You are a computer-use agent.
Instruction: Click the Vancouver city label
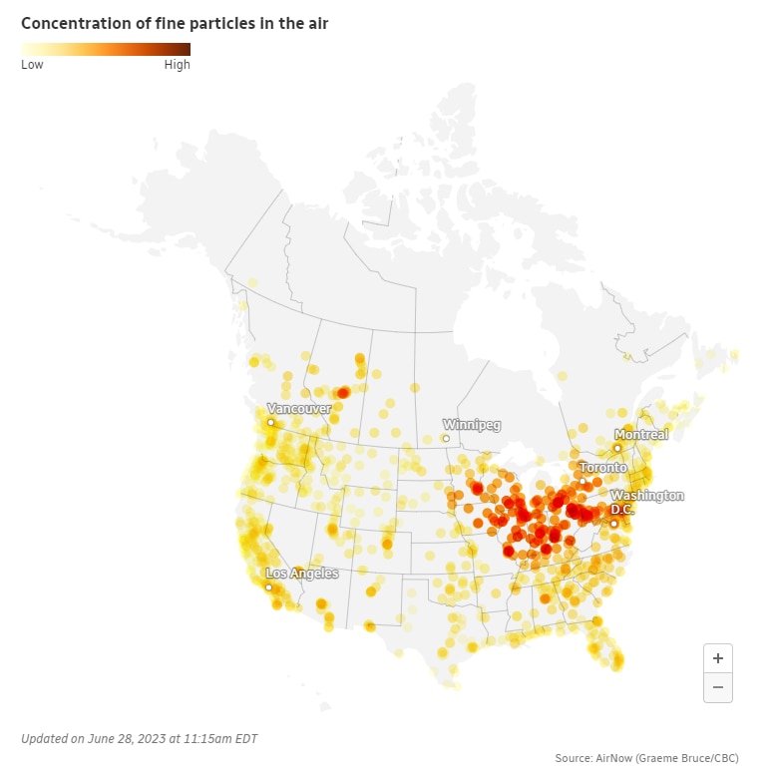(299, 409)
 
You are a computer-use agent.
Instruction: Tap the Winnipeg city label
(472, 425)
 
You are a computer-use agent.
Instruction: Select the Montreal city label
(641, 435)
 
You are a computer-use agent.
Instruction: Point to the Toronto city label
(603, 468)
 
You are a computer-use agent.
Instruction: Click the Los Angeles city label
(301, 574)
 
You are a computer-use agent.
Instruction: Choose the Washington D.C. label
(646, 502)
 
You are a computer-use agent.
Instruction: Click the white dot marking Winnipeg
(446, 438)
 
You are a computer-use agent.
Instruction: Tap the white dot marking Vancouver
(270, 423)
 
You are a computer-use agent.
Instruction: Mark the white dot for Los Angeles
(268, 587)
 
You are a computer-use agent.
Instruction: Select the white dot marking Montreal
(617, 448)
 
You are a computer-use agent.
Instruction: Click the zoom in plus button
(718, 658)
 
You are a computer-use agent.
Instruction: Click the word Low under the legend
(32, 65)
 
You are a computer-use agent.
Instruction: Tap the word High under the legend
(177, 65)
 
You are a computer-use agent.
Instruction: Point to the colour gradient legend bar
(106, 49)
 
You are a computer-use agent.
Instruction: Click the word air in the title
(317, 22)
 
